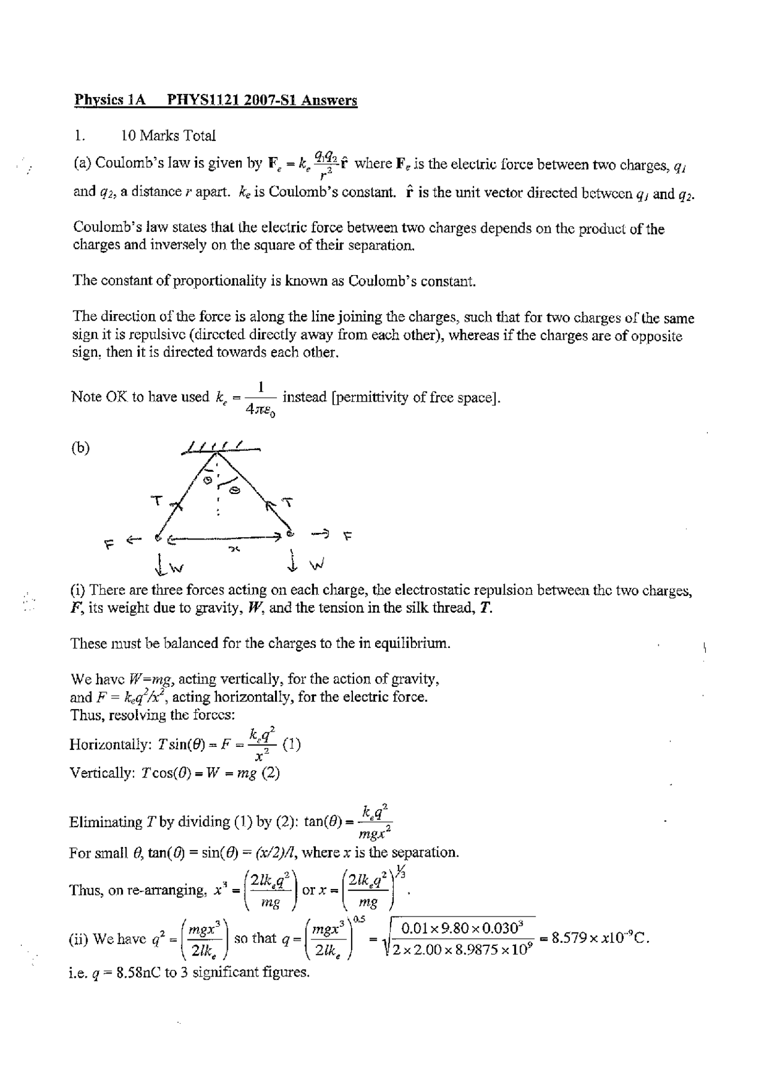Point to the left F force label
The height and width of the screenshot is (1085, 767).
[x=108, y=544]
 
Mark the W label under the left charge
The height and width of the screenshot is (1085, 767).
[x=178, y=566]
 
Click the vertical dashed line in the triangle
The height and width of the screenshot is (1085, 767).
[x=218, y=492]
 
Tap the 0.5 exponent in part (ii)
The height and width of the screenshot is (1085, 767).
[x=359, y=919]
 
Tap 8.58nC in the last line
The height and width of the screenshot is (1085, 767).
[x=137, y=972]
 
